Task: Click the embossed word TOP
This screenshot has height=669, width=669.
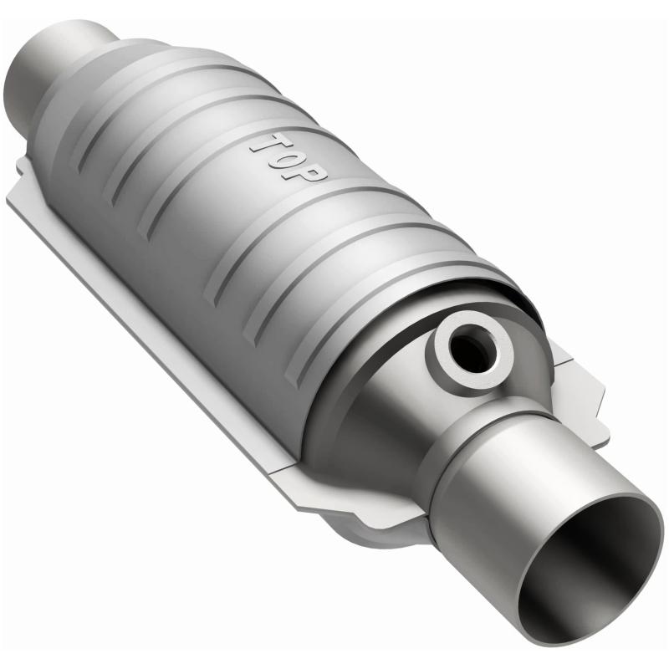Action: pyautogui.click(x=289, y=156)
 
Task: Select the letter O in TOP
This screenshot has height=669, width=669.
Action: pyautogui.click(x=288, y=156)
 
